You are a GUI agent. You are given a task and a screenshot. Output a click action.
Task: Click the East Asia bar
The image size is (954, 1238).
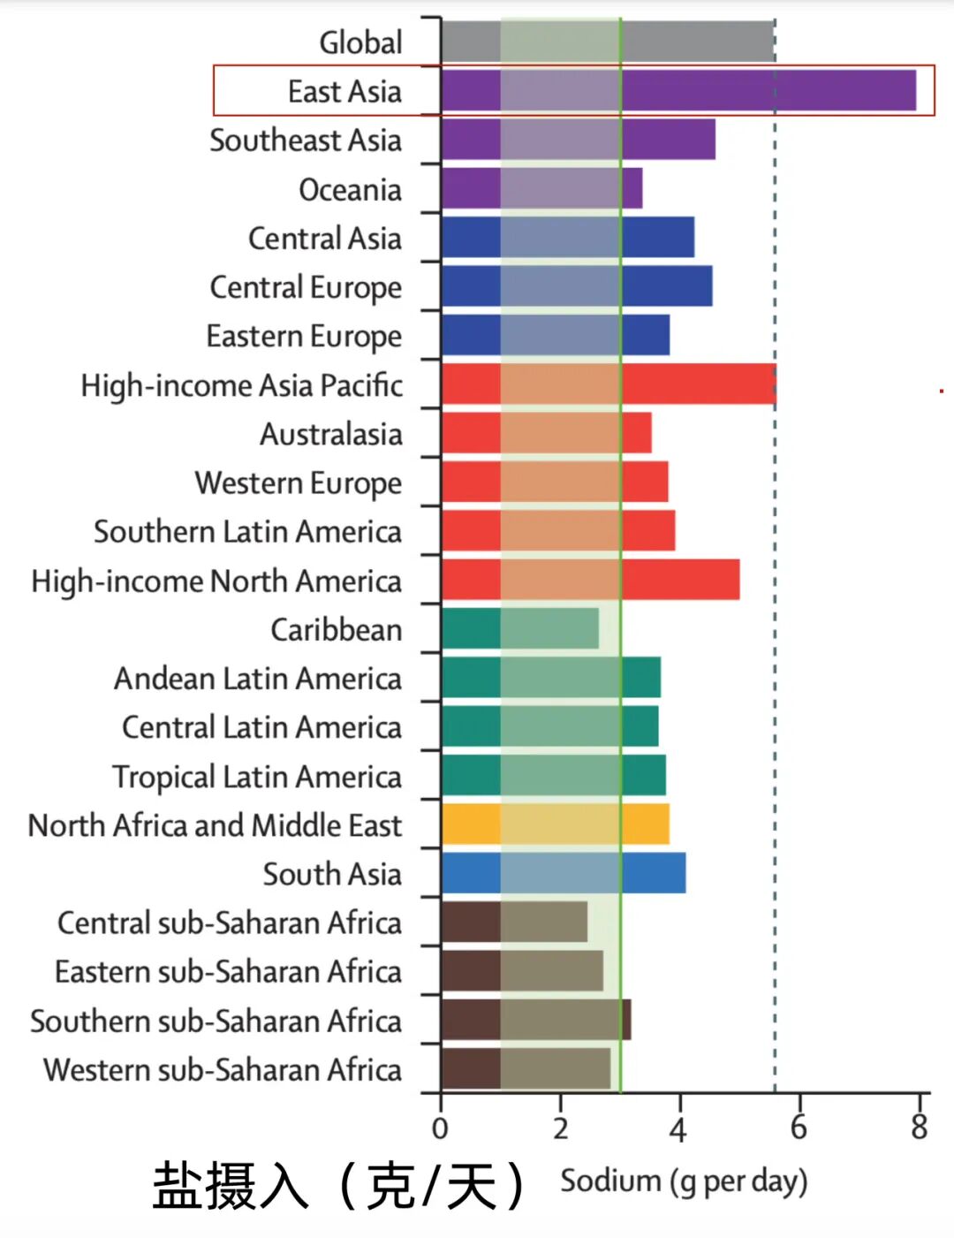679,90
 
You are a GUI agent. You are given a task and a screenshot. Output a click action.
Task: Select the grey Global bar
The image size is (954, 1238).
609,41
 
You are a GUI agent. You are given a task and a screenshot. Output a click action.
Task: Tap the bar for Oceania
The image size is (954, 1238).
542,188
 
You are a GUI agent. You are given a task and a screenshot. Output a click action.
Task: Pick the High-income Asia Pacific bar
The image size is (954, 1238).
609,384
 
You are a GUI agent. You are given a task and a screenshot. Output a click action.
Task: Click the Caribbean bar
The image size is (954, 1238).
520,628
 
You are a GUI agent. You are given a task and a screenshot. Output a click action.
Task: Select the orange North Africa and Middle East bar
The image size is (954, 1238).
556,824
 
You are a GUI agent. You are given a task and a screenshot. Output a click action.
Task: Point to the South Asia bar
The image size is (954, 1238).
564,873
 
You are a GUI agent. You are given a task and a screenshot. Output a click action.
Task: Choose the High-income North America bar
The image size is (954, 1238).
591,580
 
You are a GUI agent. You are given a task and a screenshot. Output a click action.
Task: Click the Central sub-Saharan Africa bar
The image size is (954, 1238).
515,922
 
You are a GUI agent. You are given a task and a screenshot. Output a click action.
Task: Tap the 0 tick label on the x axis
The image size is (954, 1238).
440,1128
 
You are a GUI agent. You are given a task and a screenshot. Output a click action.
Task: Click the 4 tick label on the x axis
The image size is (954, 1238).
678,1128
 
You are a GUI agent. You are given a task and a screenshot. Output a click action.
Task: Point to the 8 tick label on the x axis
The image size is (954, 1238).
919,1128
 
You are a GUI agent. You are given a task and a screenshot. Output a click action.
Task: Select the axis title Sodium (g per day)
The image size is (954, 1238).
684,1182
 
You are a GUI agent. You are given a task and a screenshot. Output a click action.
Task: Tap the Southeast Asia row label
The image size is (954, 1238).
306,141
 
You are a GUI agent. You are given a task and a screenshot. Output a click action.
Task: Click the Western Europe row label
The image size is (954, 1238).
299,483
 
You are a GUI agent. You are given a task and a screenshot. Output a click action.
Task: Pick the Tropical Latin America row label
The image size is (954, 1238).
257,777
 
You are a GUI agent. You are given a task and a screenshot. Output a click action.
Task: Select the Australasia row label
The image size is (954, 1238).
331,434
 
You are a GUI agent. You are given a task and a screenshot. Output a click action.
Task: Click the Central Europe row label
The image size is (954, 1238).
306,288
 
